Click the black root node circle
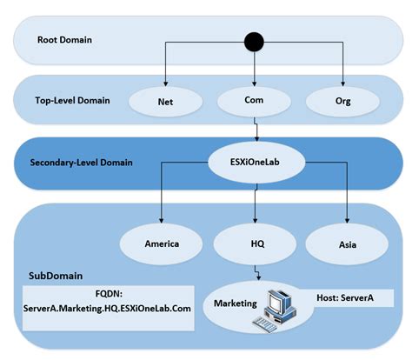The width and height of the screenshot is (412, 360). (254, 41)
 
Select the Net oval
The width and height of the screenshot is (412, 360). (164, 102)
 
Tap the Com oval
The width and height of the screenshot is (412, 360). (254, 102)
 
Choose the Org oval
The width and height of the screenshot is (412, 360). (343, 102)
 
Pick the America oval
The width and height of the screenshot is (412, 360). (161, 243)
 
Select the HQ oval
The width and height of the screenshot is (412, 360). (254, 243)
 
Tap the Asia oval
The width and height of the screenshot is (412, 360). (346, 243)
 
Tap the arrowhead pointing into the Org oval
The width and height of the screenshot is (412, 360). (343, 83)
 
